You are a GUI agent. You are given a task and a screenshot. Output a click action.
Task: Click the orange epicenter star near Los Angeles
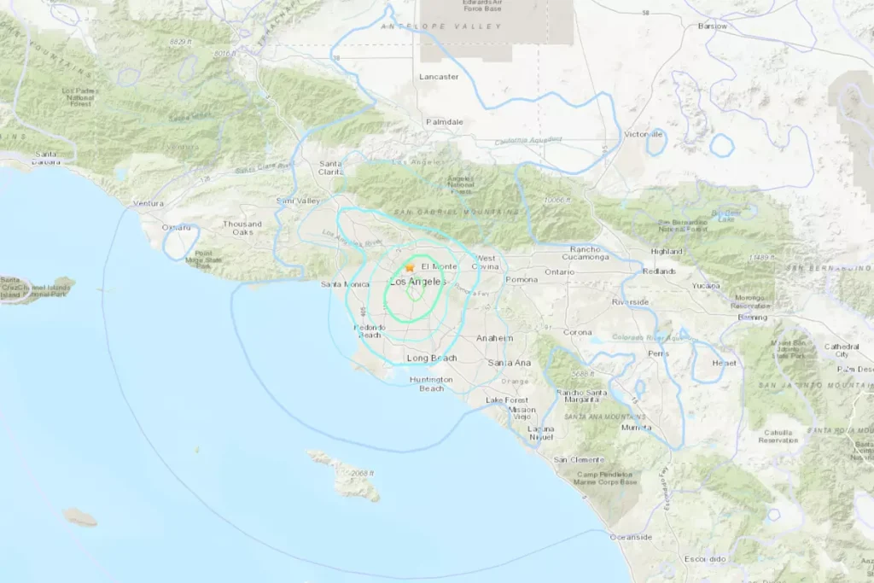pos(411,267)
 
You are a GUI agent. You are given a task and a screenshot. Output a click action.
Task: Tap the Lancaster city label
pos(439,77)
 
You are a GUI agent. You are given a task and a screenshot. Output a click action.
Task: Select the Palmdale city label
pos(445,122)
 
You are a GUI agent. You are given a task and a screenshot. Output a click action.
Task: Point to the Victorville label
pos(644,135)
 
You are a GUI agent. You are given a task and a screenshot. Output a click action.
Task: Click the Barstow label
pos(712,26)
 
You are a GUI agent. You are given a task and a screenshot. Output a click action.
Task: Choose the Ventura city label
pos(148,204)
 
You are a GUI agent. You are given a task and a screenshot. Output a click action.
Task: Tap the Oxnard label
pos(177,227)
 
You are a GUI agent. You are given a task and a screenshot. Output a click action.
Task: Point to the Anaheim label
pos(494,338)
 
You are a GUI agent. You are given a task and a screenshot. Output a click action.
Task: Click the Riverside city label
pos(631,302)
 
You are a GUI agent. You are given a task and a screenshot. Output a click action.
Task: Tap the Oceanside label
pos(631,537)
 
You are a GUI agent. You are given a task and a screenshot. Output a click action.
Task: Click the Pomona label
pos(521,279)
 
